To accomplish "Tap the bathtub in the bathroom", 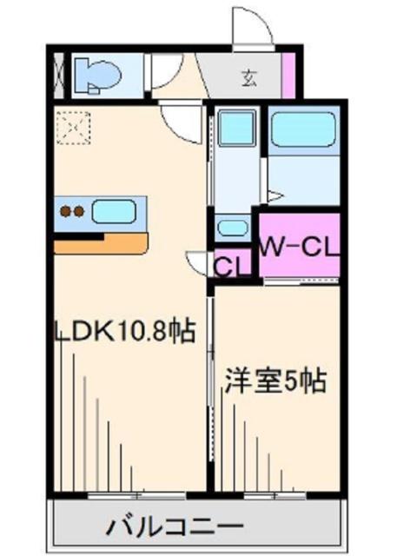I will point(303,131).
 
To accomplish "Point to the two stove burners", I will point(71,210).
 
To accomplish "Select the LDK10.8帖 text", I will point(123,331).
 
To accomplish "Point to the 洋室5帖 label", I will point(276,381).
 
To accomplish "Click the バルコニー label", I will point(175,526).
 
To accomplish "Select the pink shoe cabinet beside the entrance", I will point(289,75).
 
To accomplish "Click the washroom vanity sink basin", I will point(232,228).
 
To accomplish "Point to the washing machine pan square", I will point(234,129).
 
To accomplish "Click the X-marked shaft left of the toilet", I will point(58,75).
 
